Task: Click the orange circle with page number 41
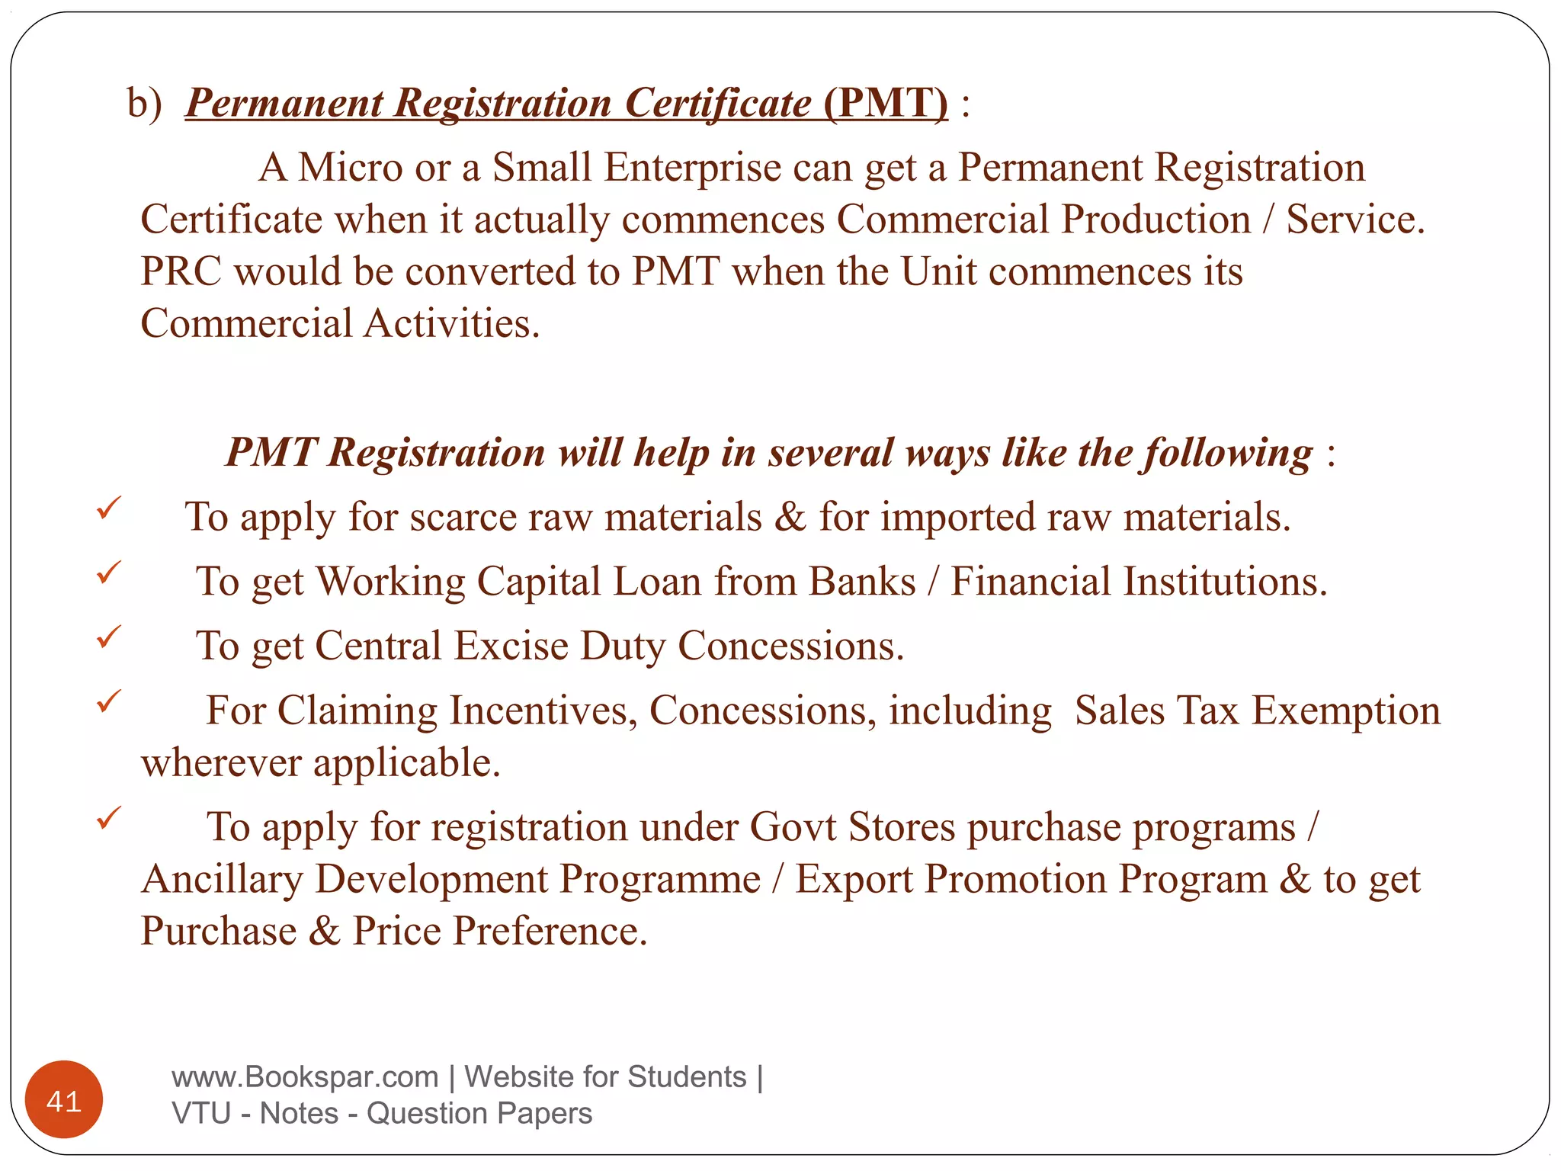[x=64, y=1099]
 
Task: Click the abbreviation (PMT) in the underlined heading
[x=886, y=102]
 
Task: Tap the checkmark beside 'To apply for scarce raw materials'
[x=108, y=508]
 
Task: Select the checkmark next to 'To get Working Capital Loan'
[x=108, y=572]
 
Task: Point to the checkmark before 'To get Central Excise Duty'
[x=108, y=636]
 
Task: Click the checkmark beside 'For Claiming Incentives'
[x=108, y=700]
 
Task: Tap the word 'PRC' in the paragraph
[x=181, y=271]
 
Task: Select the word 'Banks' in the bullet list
[x=862, y=582]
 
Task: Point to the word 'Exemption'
[x=1346, y=711]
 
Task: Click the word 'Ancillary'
[x=222, y=879]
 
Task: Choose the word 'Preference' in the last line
[x=550, y=931]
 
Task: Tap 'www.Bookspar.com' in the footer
[x=305, y=1076]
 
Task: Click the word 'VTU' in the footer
[x=201, y=1113]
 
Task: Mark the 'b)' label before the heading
[x=144, y=103]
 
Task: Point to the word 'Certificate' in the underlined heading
[x=717, y=103]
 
